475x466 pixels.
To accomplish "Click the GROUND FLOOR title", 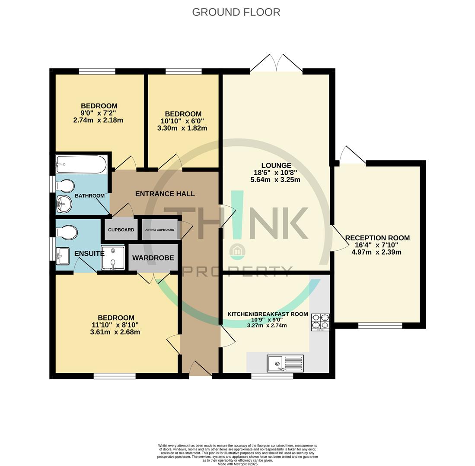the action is pos(236,12).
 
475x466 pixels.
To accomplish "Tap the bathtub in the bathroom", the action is pos(81,164).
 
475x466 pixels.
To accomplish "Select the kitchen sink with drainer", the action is pos(285,363).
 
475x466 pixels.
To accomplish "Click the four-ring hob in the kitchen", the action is pos(321,322).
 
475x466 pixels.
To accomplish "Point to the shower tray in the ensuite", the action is pos(113,257).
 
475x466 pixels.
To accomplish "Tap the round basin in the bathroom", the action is pos(64,204).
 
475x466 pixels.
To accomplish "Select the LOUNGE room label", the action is pos(276,165).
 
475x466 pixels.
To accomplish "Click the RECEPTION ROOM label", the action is pos(377,238).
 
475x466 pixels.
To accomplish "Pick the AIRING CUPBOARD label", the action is pos(159,230).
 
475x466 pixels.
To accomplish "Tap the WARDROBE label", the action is pos(153,258).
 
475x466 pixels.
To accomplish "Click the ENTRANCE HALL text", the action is pos(165,194).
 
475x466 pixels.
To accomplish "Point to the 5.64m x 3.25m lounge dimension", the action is pos(275,180).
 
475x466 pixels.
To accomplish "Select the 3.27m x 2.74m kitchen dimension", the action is pos(267,326).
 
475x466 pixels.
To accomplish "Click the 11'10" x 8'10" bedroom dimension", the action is pos(115,325).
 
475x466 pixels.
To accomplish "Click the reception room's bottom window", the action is pos(380,326).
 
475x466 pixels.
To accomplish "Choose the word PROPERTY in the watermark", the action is pos(238,271).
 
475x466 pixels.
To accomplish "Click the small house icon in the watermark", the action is pos(237,251).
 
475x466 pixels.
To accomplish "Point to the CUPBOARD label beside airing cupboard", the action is pos(121,230).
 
